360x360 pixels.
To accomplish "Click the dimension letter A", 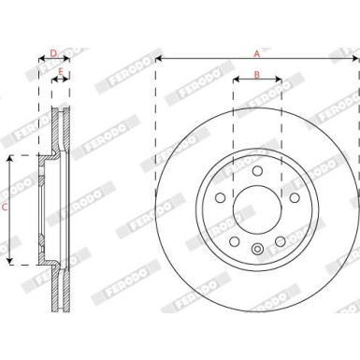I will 256,53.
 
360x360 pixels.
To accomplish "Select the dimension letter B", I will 256,74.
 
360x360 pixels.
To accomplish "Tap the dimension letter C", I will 6,208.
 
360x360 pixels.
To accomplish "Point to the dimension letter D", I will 53,53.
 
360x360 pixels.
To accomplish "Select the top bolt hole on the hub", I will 257,171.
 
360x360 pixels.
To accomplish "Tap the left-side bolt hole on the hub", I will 222,197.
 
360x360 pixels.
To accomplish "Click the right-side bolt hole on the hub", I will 292,197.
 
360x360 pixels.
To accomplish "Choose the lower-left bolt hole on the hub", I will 235,238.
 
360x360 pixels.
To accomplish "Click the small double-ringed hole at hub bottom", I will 257,249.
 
